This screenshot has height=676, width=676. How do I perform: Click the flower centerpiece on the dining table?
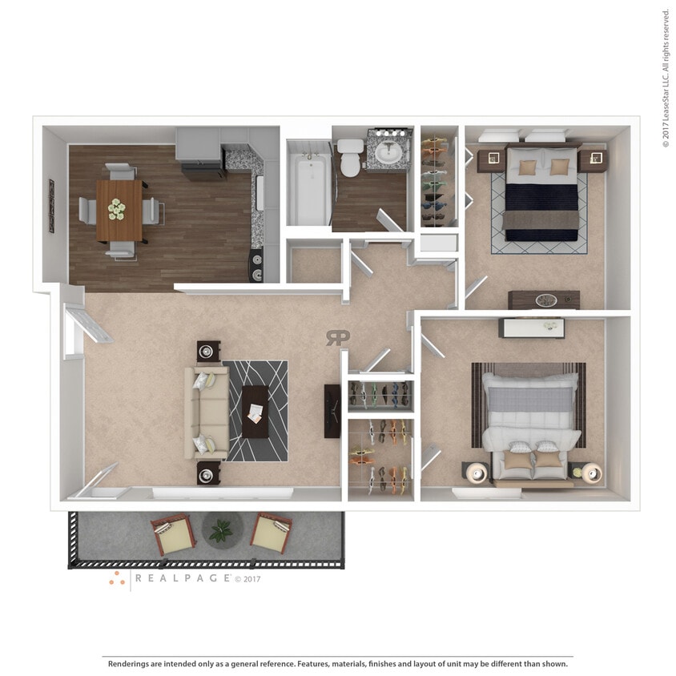pos(118,210)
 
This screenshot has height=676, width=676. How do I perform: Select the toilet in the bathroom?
pos(350,158)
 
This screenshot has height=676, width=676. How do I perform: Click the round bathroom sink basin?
pos(389,152)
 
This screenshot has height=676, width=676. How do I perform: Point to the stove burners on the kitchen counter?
pos(256,266)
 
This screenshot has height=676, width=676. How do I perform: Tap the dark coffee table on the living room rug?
pos(256,412)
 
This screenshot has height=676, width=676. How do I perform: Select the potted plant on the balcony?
pos(222,529)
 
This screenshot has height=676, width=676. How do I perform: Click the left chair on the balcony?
pos(173,535)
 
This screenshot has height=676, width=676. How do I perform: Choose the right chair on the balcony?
pos(272,534)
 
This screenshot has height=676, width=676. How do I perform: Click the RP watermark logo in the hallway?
pos(337,338)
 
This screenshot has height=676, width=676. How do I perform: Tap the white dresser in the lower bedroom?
pos(531,328)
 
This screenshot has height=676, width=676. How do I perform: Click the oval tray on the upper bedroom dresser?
pos(546,300)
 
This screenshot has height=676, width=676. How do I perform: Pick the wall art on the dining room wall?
pos(52,206)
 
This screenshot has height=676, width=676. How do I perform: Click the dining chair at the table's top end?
pos(121,171)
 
